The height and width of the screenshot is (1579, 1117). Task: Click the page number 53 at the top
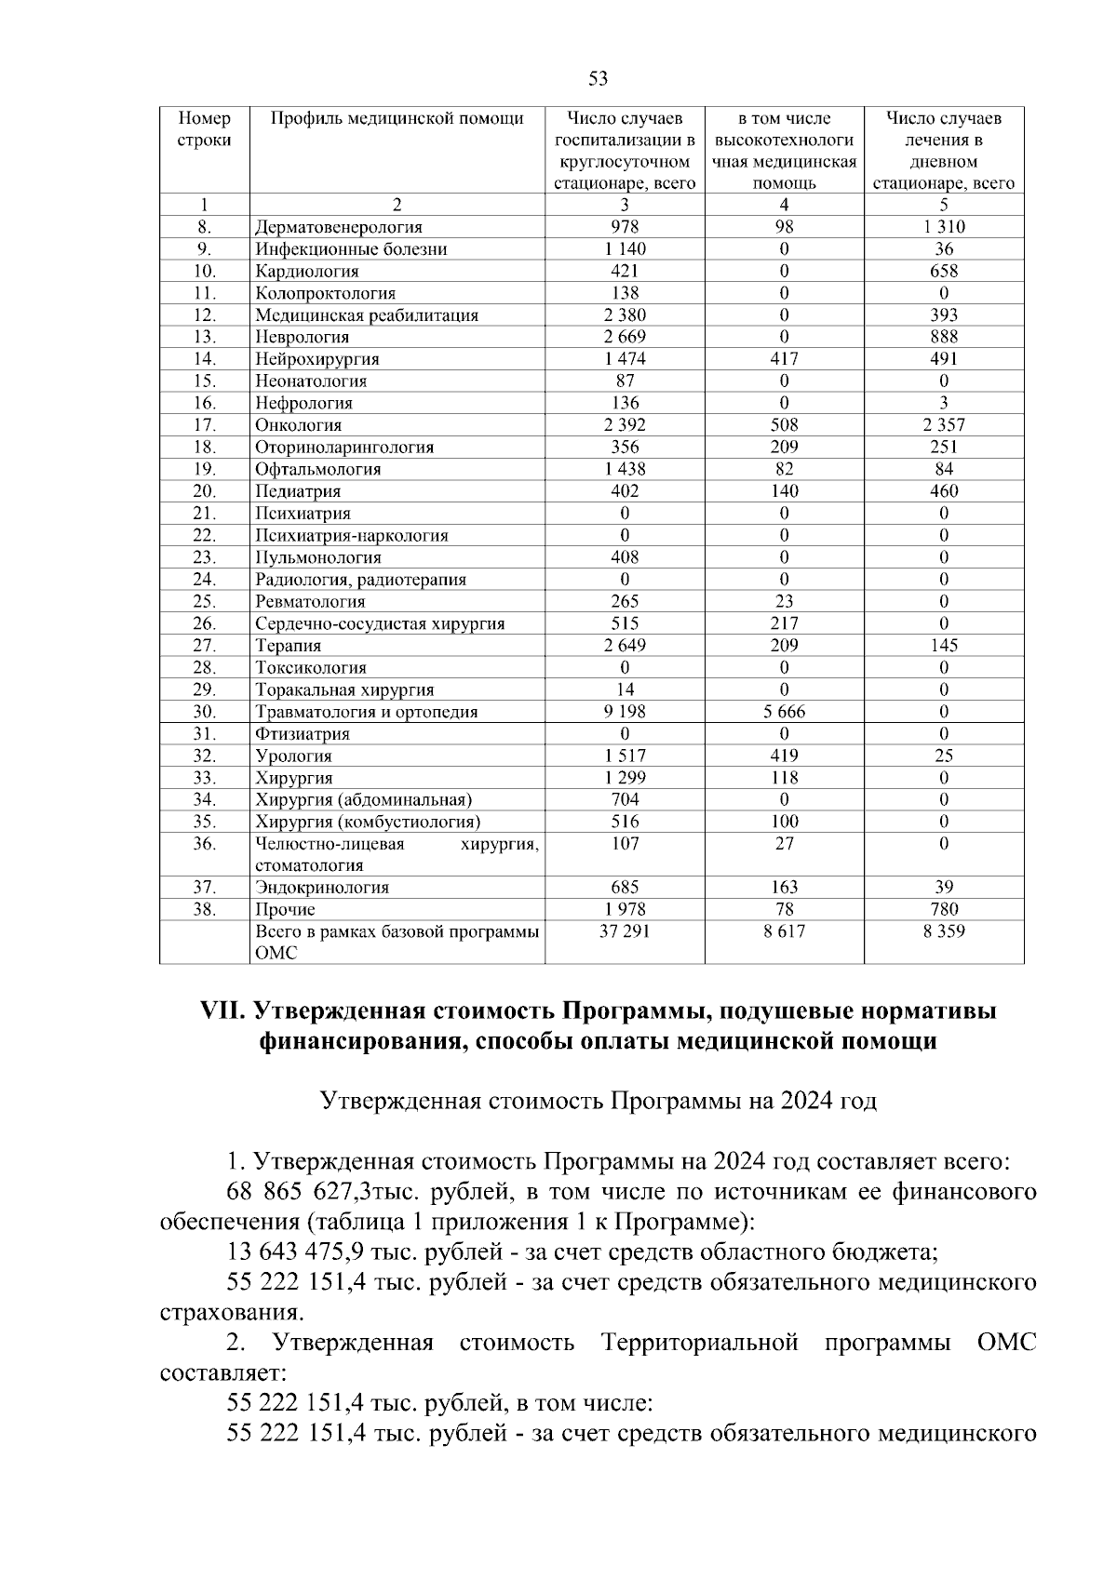point(599,79)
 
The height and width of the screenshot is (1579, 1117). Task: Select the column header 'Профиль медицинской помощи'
point(397,119)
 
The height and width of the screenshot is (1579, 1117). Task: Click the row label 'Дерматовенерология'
point(339,227)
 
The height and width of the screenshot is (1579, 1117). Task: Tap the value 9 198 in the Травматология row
point(625,712)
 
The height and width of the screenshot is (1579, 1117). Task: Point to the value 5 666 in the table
point(784,712)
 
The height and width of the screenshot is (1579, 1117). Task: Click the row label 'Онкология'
point(299,425)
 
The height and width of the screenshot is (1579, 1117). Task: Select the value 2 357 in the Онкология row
point(943,425)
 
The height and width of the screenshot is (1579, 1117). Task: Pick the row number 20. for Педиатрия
point(205,491)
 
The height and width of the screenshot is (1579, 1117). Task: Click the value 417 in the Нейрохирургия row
point(784,359)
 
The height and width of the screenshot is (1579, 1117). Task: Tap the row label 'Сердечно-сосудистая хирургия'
point(380,623)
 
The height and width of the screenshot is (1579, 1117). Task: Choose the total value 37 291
point(625,931)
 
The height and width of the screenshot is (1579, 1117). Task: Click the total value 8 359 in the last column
point(943,931)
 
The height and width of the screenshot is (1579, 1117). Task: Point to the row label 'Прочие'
point(285,910)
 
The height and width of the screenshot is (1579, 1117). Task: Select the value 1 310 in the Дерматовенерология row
point(943,227)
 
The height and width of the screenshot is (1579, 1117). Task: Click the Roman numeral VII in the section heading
point(222,1011)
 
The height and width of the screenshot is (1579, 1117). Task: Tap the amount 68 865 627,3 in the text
point(299,1192)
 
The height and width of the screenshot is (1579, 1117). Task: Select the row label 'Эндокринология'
point(322,888)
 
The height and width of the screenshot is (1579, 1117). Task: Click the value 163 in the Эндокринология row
point(784,888)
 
